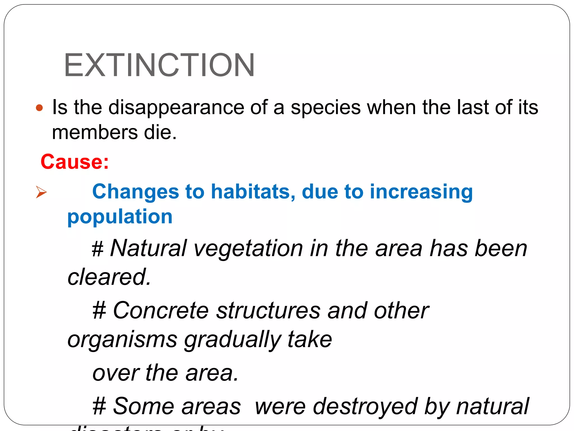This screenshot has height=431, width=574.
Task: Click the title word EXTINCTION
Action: pos(159,65)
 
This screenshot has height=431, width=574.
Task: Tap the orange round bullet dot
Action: pos(40,108)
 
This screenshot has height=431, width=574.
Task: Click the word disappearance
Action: pos(176,108)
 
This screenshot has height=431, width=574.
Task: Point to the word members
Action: pos(95,132)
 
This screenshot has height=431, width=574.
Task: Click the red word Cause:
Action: pos(75,162)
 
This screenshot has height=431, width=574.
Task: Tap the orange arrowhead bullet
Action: pos(41,192)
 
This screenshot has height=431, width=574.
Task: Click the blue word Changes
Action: pos(136,192)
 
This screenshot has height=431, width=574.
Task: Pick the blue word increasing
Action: pos(421,192)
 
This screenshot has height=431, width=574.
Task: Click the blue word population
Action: pos(120,217)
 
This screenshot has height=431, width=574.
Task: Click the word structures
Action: pos(268,311)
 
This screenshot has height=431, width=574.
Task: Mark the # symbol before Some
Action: pos(99,407)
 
